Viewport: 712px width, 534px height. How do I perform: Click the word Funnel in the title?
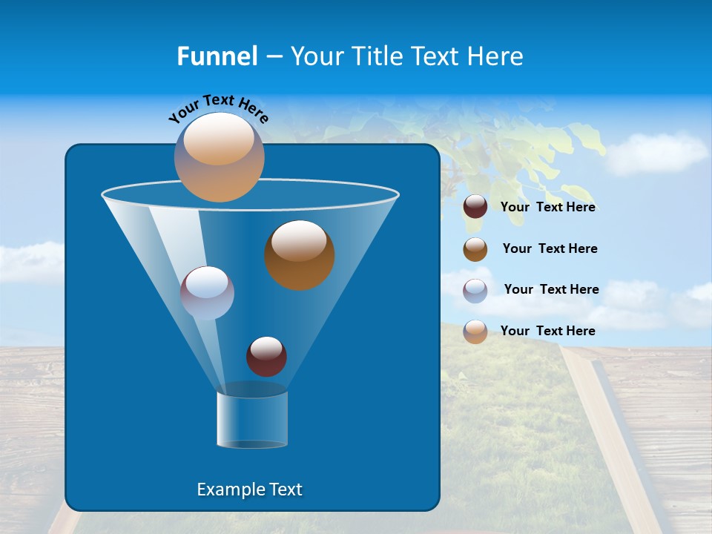pyautogui.click(x=217, y=56)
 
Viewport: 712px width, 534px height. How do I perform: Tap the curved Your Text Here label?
pyautogui.click(x=218, y=108)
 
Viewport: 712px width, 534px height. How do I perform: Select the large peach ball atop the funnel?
pyautogui.click(x=220, y=156)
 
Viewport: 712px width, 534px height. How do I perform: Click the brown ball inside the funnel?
pyautogui.click(x=300, y=254)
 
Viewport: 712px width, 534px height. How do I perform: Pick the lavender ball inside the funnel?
pyautogui.click(x=207, y=292)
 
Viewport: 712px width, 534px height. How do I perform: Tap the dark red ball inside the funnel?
pyautogui.click(x=266, y=356)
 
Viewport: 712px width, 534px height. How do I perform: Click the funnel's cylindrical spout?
pyautogui.click(x=252, y=418)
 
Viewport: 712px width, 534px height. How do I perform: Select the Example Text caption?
pyautogui.click(x=249, y=489)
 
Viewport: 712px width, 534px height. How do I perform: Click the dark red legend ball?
pyautogui.click(x=475, y=207)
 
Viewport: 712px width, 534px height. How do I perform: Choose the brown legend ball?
pyautogui.click(x=475, y=249)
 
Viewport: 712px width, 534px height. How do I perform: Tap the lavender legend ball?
pyautogui.click(x=475, y=290)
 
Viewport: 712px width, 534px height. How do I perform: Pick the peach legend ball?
pyautogui.click(x=475, y=332)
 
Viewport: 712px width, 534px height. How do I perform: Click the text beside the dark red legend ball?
pyautogui.click(x=548, y=208)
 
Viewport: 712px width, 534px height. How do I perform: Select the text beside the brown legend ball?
pyautogui.click(x=550, y=249)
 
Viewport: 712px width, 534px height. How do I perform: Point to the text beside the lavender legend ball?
pyautogui.click(x=551, y=290)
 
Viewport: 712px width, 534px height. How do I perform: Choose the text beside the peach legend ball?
pyautogui.click(x=548, y=332)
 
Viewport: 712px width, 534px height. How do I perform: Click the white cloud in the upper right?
pyautogui.click(x=656, y=152)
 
